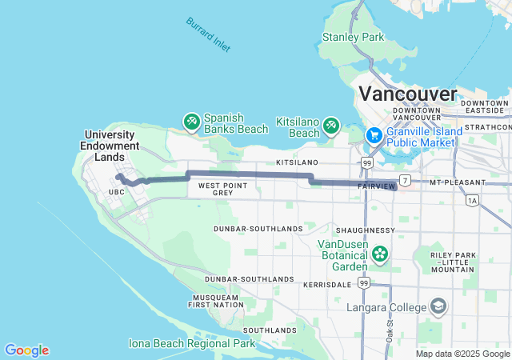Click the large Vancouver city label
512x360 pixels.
coord(408,93)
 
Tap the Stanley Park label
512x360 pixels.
coord(353,37)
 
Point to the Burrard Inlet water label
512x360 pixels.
coord(208,35)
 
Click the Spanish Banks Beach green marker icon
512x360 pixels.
coord(191,122)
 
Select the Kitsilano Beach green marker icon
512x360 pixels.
coord(331,126)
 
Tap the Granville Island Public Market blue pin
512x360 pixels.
coord(374,135)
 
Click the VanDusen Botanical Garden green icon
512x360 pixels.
coord(379,255)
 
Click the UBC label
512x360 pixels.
coord(117,192)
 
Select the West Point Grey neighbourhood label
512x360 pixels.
coord(216,189)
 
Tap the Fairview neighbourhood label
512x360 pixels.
coord(374,186)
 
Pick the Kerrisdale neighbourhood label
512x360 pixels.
coord(327,284)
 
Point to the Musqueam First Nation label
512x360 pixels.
coord(215,301)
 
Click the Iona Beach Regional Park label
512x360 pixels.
coord(192,343)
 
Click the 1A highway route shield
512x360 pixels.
coord(472,200)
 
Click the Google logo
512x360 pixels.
coord(26,350)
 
